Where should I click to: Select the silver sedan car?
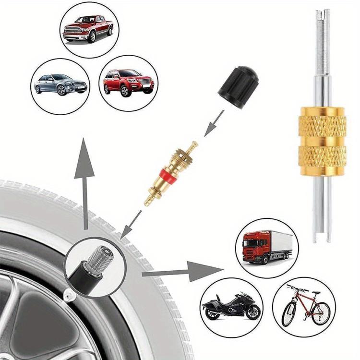tap(60, 85)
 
